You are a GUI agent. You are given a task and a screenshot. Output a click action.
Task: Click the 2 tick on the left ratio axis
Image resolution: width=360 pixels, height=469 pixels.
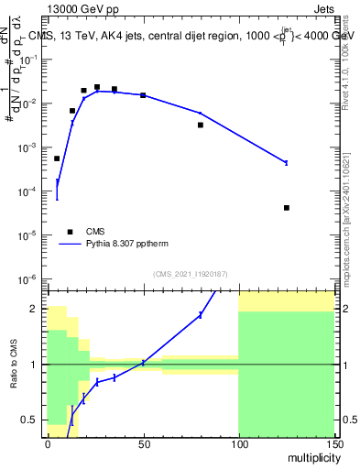[x=37, y=309]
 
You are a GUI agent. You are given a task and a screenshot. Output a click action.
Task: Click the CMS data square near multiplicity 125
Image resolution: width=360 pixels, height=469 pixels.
[x=287, y=208]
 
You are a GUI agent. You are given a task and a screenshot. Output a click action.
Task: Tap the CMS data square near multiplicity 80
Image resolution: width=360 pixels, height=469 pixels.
[x=201, y=125]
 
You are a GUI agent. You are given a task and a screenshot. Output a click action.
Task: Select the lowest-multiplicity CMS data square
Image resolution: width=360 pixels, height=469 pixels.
[x=57, y=158]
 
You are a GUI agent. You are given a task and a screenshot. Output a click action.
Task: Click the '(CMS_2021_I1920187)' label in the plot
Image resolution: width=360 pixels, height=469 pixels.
[x=191, y=274]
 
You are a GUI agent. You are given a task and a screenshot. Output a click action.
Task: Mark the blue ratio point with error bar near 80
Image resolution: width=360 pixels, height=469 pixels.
[x=201, y=315]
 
